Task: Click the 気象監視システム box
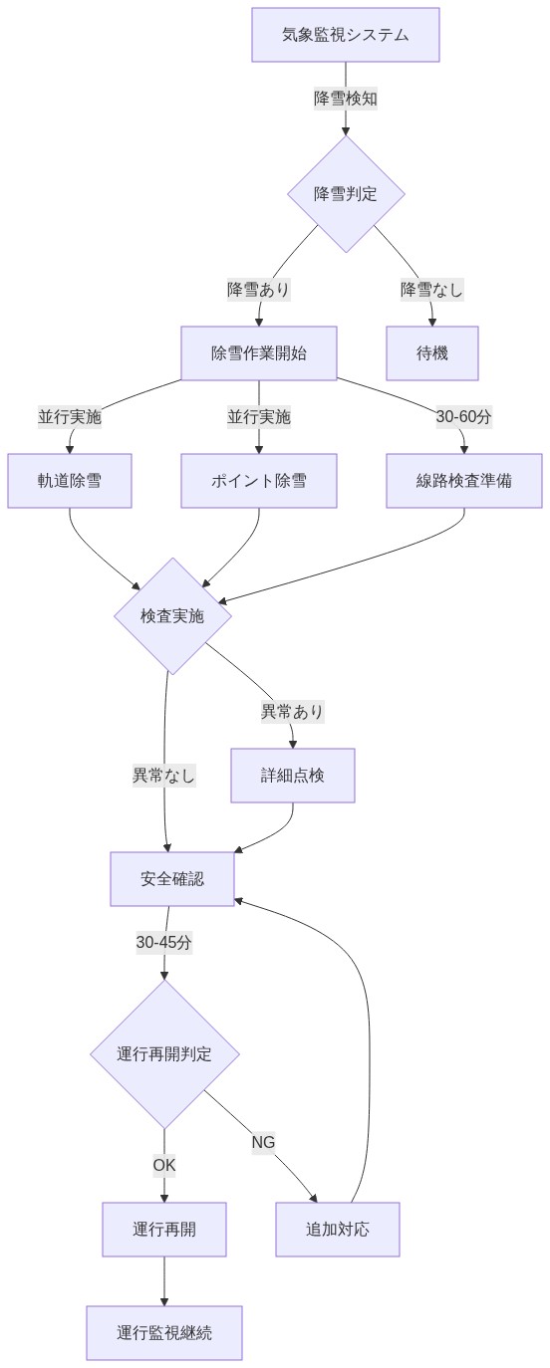pyautogui.click(x=345, y=35)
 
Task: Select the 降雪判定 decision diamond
pyautogui.click(x=346, y=194)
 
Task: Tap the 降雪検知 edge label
pyautogui.click(x=346, y=99)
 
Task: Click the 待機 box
pyautogui.click(x=432, y=353)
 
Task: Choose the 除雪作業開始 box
pyautogui.click(x=259, y=353)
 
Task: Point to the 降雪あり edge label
pyautogui.click(x=259, y=290)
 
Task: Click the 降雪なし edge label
pyautogui.click(x=432, y=290)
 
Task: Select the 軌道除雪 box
pyautogui.click(x=70, y=481)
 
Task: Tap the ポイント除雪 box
pyautogui.click(x=259, y=481)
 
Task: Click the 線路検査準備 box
pyautogui.click(x=464, y=481)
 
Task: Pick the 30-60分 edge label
pyautogui.click(x=464, y=417)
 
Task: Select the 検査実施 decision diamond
pyautogui.click(x=172, y=616)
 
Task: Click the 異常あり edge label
pyautogui.click(x=293, y=712)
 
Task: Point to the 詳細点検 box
pyautogui.click(x=293, y=776)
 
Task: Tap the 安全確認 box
pyautogui.click(x=172, y=879)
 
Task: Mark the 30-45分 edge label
pyautogui.click(x=164, y=943)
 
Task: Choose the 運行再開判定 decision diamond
pyautogui.click(x=164, y=1054)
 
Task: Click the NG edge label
pyautogui.click(x=263, y=1142)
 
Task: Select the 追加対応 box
pyautogui.click(x=338, y=1230)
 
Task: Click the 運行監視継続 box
pyautogui.click(x=164, y=1333)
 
